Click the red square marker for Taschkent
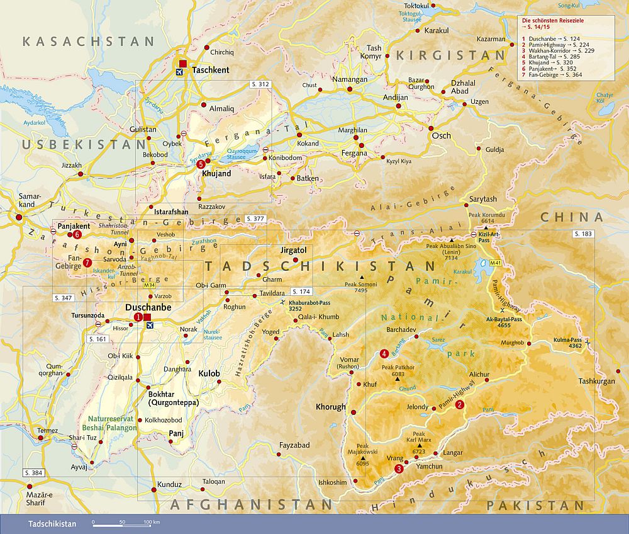tap(182, 63)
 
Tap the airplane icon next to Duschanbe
tap(149, 325)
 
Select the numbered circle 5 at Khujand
tap(201, 164)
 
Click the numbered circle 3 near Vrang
tap(398, 469)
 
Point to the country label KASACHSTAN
tap(88, 42)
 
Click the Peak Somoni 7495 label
tap(360, 288)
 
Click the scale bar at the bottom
tap(125, 523)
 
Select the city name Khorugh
tap(330, 407)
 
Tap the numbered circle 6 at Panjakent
tap(77, 234)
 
